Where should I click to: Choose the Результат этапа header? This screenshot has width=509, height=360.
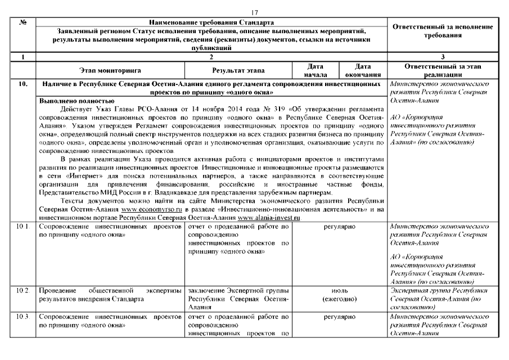click(238, 70)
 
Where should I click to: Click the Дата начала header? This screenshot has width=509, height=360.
click(311, 70)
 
